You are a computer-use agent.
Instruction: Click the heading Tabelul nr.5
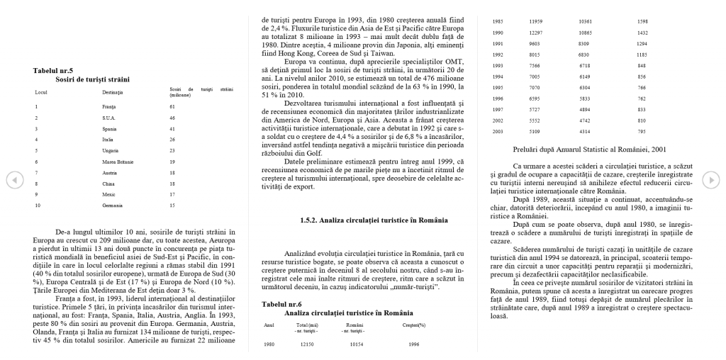click(53, 70)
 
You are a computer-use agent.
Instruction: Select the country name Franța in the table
click(108, 106)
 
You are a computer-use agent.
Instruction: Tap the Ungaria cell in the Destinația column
click(110, 150)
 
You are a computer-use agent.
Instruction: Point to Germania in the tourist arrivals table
click(113, 206)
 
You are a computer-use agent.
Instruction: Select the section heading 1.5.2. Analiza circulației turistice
click(363, 220)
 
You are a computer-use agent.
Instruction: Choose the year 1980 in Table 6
click(269, 344)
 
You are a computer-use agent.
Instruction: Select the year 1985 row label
click(498, 22)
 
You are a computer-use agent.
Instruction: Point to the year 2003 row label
click(498, 131)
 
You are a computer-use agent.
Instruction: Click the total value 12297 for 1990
click(536, 33)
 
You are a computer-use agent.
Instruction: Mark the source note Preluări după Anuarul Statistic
click(589, 150)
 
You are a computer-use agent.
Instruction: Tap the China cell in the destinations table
click(108, 184)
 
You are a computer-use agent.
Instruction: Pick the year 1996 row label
click(498, 99)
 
